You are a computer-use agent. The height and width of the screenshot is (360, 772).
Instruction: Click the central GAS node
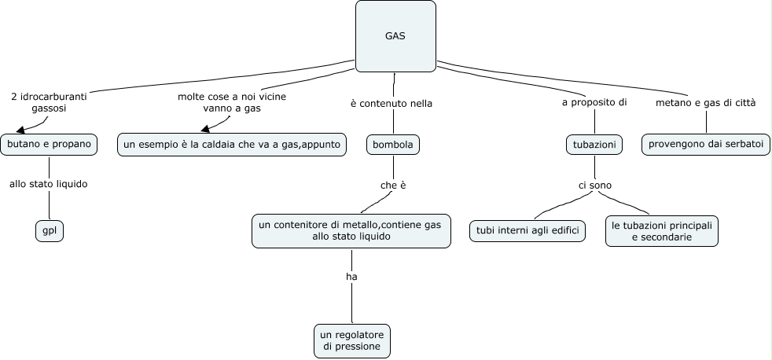coord(395,36)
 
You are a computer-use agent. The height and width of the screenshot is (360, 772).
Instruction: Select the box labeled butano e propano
coord(49,145)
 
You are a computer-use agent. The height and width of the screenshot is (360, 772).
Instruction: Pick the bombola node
coord(393,145)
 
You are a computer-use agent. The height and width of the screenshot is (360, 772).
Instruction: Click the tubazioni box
coord(595,145)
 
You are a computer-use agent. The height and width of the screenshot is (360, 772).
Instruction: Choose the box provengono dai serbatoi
coord(705,145)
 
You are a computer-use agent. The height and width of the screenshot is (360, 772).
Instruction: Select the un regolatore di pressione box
coord(351,340)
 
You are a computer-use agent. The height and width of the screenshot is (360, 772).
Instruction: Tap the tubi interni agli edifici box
coord(528,230)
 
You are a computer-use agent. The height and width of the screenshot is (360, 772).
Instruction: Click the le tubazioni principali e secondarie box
coord(662,230)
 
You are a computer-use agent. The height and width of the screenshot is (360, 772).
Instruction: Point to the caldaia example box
coord(232,145)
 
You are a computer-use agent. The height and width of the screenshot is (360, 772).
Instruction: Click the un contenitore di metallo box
coord(351,230)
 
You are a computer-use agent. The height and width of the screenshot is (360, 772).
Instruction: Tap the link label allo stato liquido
coord(48,184)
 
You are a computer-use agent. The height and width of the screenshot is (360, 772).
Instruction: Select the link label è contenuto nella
coord(392,103)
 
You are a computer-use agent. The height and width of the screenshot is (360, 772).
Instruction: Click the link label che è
coord(392,186)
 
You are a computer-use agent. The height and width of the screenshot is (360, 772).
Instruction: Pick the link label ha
coord(351,277)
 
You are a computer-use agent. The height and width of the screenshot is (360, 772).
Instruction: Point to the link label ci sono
coord(594,186)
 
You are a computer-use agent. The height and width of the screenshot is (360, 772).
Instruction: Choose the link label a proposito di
coord(594,103)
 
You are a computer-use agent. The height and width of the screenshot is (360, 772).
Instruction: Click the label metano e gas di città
coord(706,103)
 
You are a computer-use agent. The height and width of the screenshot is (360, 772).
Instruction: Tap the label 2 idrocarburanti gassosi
coord(49,102)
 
